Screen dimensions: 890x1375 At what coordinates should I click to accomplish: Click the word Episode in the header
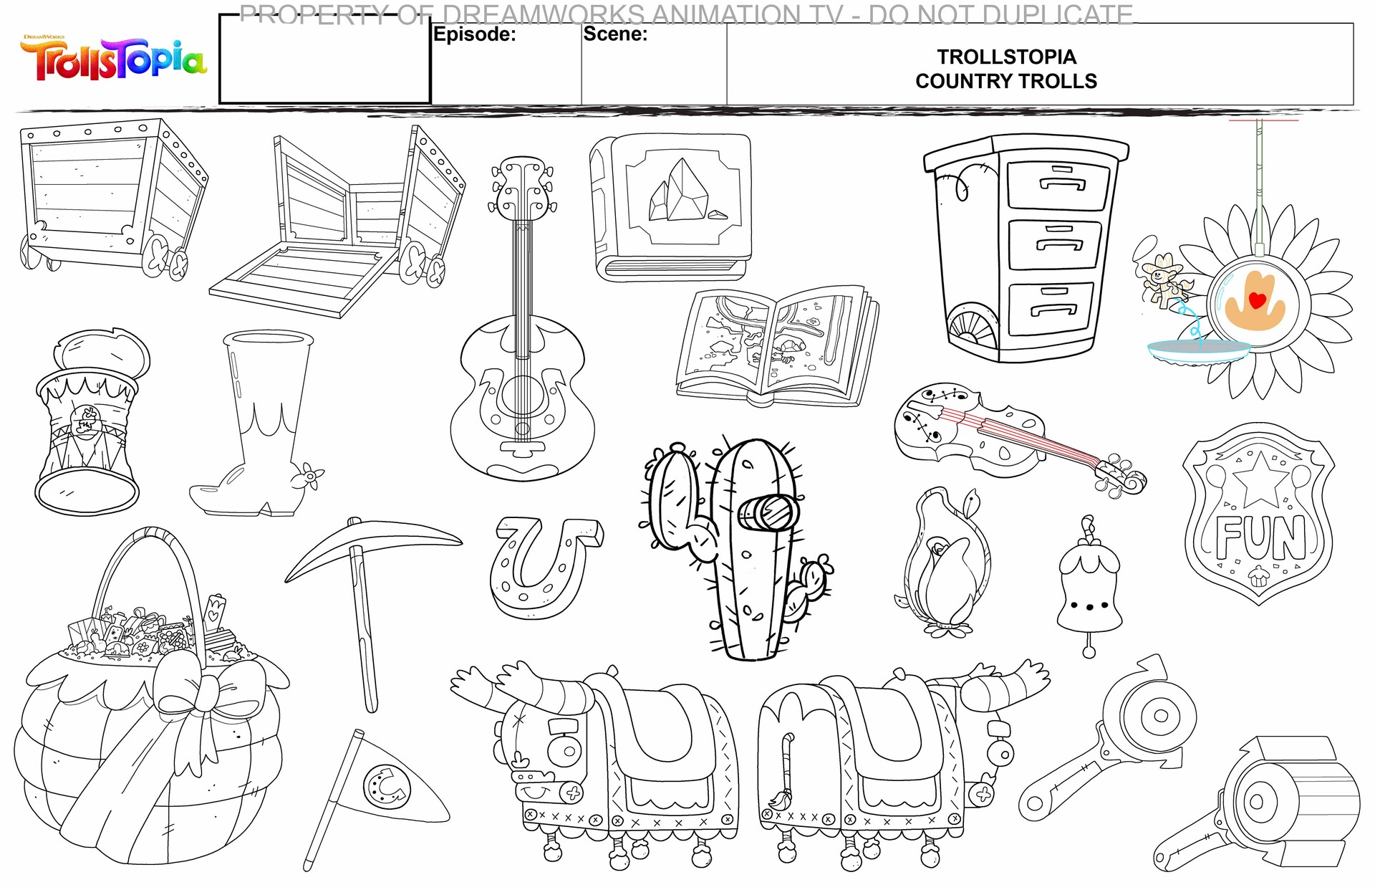point(473,34)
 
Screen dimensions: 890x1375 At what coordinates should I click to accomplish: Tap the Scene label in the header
point(614,34)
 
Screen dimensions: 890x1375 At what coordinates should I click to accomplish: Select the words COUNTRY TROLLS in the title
point(1005,82)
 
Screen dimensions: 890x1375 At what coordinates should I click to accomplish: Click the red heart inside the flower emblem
point(1257,300)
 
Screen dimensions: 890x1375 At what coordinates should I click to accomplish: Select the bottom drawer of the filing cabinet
point(1051,308)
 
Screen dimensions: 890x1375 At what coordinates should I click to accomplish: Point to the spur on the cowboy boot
point(310,477)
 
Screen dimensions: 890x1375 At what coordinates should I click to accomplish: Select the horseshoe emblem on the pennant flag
point(387,787)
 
